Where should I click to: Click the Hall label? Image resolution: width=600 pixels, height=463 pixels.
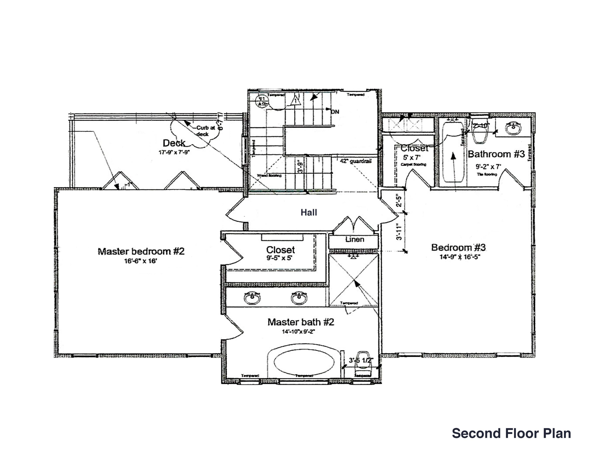pos(309,212)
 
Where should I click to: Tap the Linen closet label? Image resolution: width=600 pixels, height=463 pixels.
pos(355,239)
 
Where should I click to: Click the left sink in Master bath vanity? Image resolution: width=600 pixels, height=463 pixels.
pos(252,298)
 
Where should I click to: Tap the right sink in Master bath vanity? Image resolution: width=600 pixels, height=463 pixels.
pos(299,298)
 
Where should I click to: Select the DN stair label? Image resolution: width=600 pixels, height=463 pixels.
pos(335,112)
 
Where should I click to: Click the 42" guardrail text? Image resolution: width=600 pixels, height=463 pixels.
pos(356,161)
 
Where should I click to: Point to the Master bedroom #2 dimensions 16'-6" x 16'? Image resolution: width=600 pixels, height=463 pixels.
pos(140,261)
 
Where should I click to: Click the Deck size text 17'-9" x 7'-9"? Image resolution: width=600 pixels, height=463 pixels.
pos(174,152)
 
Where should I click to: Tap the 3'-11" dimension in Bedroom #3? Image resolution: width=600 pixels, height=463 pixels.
pos(399,232)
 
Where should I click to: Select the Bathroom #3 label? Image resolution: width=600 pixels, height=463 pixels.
pos(496,154)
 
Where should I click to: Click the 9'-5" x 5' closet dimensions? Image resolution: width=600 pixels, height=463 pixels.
pos(279,258)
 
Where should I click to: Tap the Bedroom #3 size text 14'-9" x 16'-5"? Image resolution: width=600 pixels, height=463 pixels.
pos(460,257)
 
